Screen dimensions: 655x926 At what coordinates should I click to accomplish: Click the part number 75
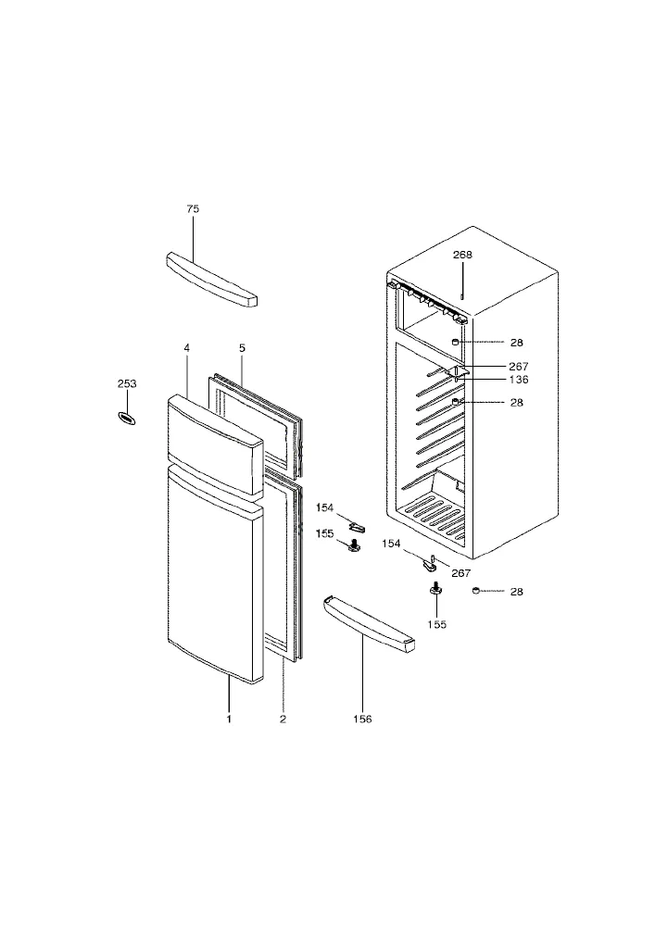193,208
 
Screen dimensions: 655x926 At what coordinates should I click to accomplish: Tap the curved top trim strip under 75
212,280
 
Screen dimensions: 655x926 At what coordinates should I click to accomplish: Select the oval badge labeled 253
126,419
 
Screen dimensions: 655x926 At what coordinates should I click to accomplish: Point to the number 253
127,384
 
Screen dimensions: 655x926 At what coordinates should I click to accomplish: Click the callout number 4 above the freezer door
186,348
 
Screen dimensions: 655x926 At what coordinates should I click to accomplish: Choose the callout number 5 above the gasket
242,348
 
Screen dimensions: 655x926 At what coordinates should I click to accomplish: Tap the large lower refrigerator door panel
215,573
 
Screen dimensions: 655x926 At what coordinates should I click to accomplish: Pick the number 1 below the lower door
229,719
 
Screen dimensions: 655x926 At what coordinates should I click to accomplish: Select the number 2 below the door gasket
283,719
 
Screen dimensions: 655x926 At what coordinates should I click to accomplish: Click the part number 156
362,719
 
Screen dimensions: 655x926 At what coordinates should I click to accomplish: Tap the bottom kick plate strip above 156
369,624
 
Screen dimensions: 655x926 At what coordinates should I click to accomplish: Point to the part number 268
462,255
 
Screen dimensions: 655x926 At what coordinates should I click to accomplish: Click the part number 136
519,379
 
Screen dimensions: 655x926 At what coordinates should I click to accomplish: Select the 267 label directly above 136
519,366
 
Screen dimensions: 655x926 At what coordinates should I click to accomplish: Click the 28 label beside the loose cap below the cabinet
516,591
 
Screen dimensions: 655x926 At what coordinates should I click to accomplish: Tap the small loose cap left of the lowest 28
476,590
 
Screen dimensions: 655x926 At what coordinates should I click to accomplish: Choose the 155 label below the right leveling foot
436,624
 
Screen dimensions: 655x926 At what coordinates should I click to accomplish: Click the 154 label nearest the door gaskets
324,507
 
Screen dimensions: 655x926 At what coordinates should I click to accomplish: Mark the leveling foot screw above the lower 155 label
435,589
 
